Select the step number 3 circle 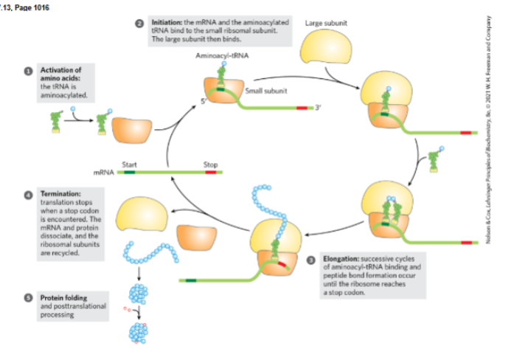click(x=311, y=259)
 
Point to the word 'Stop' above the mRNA click(x=210, y=165)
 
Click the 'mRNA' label click(x=103, y=172)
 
